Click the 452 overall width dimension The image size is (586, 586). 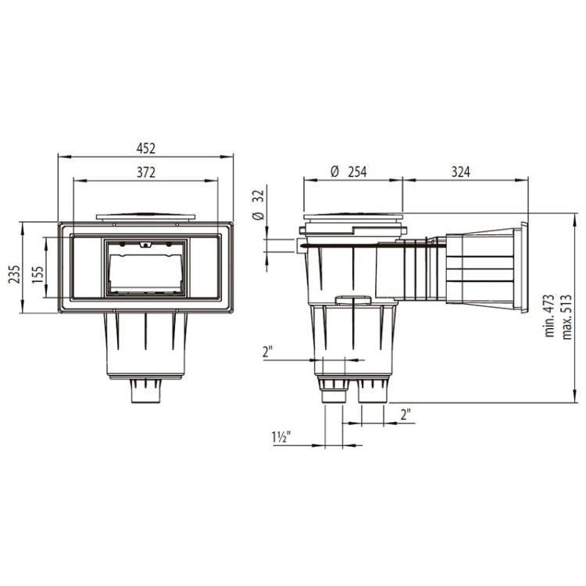tap(146, 148)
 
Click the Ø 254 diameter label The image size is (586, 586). tap(348, 172)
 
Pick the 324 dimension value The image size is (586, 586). tap(460, 172)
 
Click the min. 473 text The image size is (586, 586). tap(549, 316)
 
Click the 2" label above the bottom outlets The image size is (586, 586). tap(268, 352)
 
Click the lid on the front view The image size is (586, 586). tap(146, 215)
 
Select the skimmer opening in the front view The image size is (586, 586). tap(146, 267)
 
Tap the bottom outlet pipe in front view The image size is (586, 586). tap(146, 391)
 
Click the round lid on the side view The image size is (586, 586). tap(353, 218)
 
